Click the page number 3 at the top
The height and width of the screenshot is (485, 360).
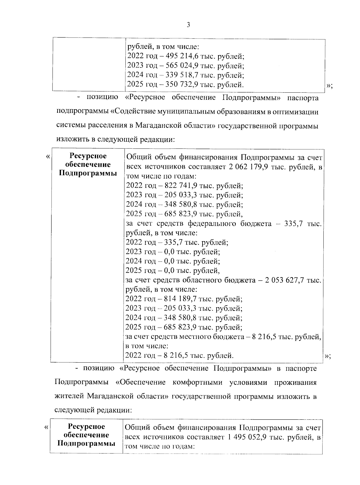click(188, 25)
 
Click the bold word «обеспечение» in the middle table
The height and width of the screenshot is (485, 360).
click(88, 165)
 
